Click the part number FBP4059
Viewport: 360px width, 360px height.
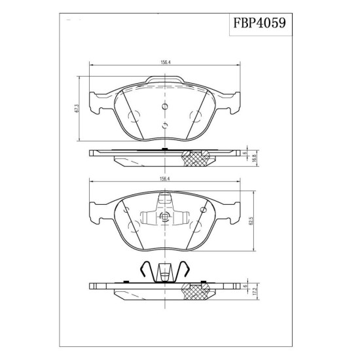tap(260, 23)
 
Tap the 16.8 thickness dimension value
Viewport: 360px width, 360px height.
tap(253, 158)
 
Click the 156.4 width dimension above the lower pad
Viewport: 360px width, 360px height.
tap(164, 179)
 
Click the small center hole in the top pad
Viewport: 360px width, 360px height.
tap(165, 106)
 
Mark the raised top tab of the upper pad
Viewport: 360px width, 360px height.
tap(165, 79)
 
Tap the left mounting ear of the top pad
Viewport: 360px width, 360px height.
tap(96, 103)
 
